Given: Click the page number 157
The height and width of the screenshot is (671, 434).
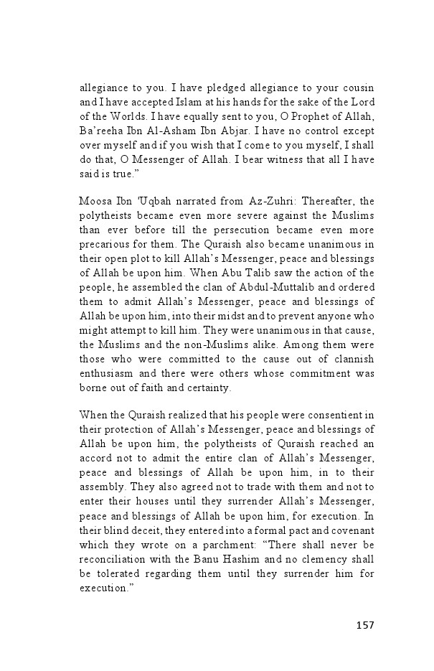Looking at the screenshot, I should point(364,625).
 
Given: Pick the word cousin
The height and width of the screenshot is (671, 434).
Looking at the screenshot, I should point(357,93).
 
